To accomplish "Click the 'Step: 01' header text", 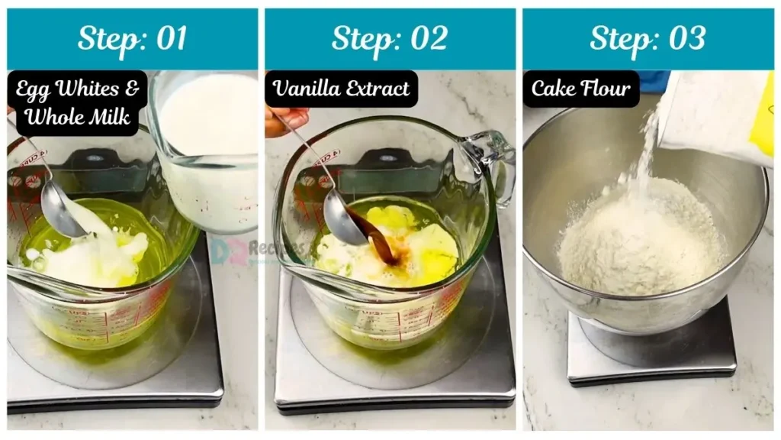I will coord(132,38).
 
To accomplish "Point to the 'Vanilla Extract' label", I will coord(342,89).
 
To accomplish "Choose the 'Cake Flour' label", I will coord(581,89).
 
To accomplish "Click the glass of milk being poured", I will coord(206,153).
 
